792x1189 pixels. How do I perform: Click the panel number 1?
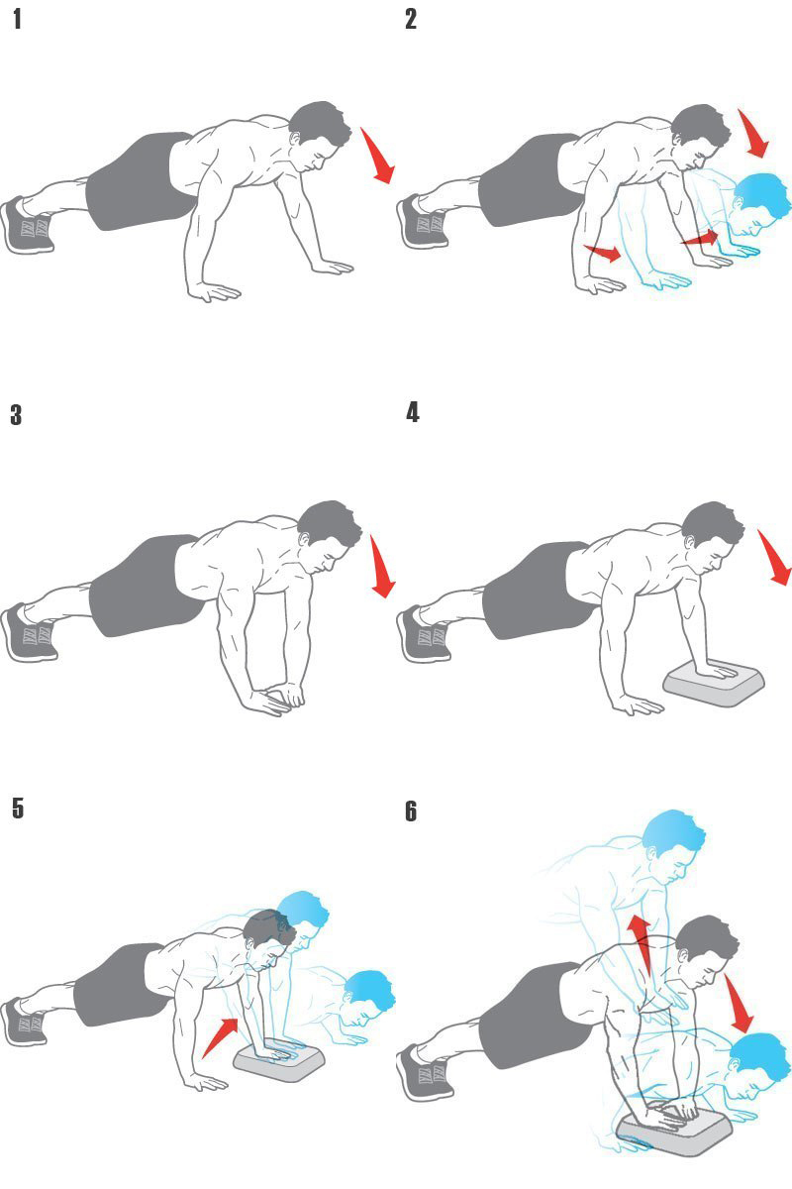[x=18, y=19]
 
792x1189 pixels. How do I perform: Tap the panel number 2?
[x=411, y=19]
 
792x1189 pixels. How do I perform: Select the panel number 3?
[x=17, y=414]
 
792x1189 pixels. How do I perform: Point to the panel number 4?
[x=413, y=412]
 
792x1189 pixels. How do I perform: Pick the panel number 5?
[x=18, y=808]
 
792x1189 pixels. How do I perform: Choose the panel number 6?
[x=411, y=811]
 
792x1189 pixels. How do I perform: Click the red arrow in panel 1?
[x=379, y=156]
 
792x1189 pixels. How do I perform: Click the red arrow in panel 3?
[x=383, y=566]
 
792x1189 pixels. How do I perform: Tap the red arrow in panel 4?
[x=775, y=557]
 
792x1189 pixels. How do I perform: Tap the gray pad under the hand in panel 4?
[x=714, y=683]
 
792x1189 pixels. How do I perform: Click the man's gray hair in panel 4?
[x=714, y=523]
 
